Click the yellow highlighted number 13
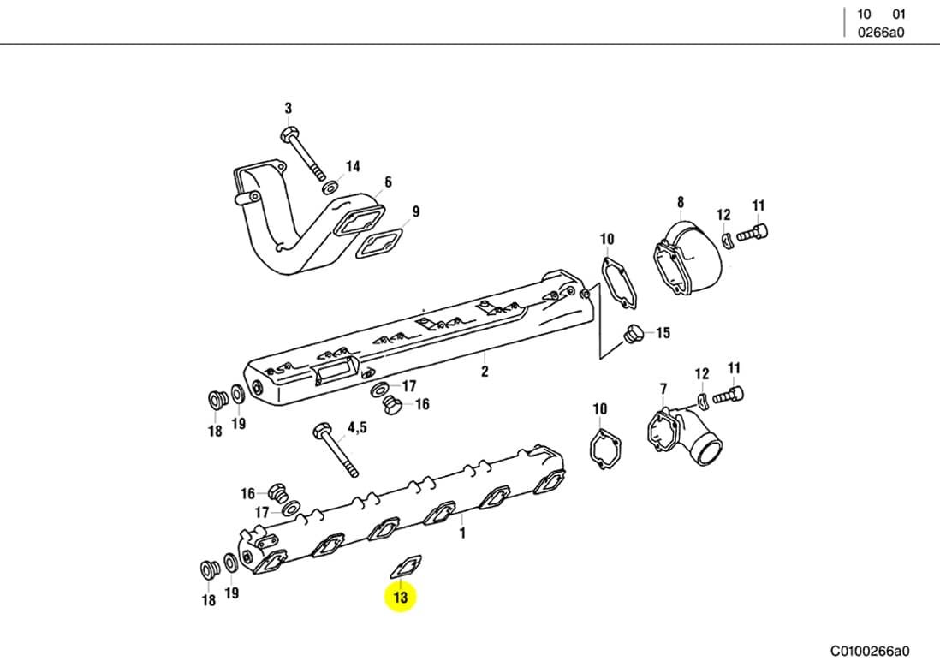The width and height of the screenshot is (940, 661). (401, 597)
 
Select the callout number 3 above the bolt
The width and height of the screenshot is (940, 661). (289, 109)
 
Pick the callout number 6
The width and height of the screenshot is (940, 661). (388, 182)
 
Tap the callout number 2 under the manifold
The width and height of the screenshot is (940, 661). (485, 372)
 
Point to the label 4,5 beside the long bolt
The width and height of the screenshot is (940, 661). (357, 427)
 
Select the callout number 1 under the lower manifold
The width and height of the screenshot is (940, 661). (462, 533)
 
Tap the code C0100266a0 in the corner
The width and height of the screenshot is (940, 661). (869, 651)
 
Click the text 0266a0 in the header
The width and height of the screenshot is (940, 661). (881, 33)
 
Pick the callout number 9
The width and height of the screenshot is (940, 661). (415, 211)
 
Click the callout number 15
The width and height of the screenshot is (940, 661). (663, 333)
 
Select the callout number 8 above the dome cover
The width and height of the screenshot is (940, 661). (681, 202)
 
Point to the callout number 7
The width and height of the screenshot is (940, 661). (663, 390)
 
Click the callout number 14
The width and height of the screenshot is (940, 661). (353, 166)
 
